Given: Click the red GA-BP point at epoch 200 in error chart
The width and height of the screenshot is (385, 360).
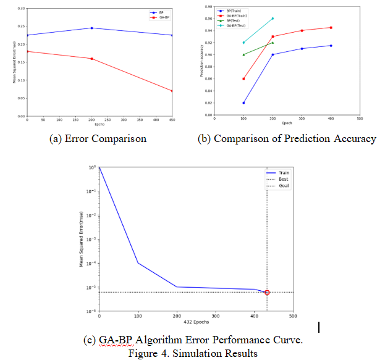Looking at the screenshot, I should click(x=91, y=59).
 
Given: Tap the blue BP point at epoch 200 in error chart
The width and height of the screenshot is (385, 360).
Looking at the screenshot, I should click(x=91, y=28).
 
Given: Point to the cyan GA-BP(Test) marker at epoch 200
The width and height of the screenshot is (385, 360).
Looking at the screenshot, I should click(x=273, y=19).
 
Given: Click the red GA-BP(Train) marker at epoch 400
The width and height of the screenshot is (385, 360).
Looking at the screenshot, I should click(x=331, y=27).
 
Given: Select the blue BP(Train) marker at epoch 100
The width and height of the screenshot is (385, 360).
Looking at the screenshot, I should click(x=243, y=103).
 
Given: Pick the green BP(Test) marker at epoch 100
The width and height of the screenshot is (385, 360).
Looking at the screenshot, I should click(x=243, y=54).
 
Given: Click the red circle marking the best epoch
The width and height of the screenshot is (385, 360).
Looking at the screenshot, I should click(x=267, y=292).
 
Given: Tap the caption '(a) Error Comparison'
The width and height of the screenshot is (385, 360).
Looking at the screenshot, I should click(x=98, y=138).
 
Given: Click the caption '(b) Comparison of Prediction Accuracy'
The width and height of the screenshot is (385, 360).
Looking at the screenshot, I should click(x=287, y=138).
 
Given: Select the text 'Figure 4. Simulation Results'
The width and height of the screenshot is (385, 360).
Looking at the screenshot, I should click(x=193, y=353).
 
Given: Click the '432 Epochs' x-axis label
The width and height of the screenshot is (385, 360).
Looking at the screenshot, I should click(x=196, y=322).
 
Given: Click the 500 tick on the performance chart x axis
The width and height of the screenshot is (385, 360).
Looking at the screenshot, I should click(x=293, y=316).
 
